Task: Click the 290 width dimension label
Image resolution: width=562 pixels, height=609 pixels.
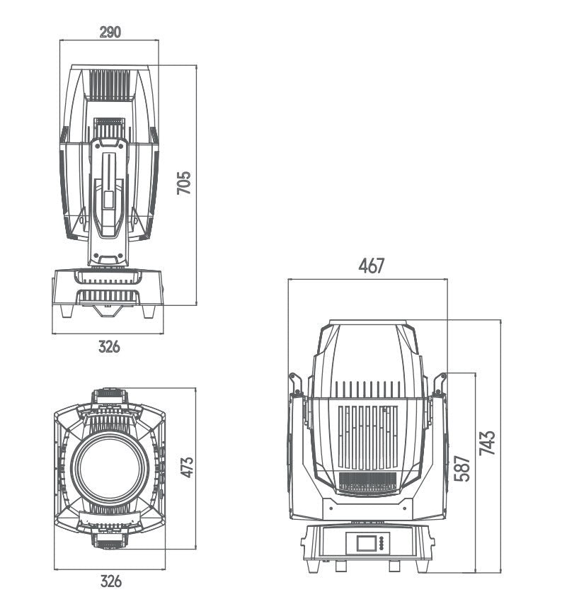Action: [110, 32]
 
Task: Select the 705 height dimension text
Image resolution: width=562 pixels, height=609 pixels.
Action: [183, 183]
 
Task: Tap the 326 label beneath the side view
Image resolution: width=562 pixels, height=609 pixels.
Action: [109, 347]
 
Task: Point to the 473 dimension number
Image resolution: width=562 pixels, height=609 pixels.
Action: [187, 468]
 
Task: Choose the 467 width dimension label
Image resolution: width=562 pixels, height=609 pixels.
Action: [371, 266]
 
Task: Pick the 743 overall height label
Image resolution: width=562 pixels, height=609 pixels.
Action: [488, 443]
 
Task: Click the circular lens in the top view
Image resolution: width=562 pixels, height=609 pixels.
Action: [110, 468]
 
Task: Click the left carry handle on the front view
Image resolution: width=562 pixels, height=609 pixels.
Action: [296, 385]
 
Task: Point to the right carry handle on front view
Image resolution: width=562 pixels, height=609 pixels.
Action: [440, 383]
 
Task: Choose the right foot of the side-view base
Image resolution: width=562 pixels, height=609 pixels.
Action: [150, 311]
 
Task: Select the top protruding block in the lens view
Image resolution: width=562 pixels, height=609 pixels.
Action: [109, 394]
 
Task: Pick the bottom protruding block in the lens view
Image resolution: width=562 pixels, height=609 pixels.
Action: [109, 542]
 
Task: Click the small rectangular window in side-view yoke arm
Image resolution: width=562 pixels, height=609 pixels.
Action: [108, 200]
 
